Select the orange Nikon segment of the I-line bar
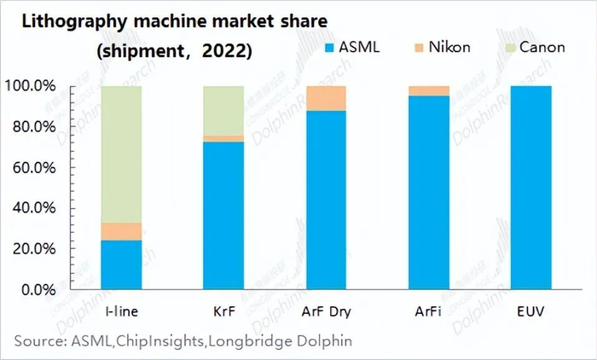click(x=122, y=231)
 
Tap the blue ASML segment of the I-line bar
click(x=122, y=264)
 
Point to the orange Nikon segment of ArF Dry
click(x=325, y=98)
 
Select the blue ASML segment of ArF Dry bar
click(x=325, y=200)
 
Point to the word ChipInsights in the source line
click(x=151, y=341)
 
